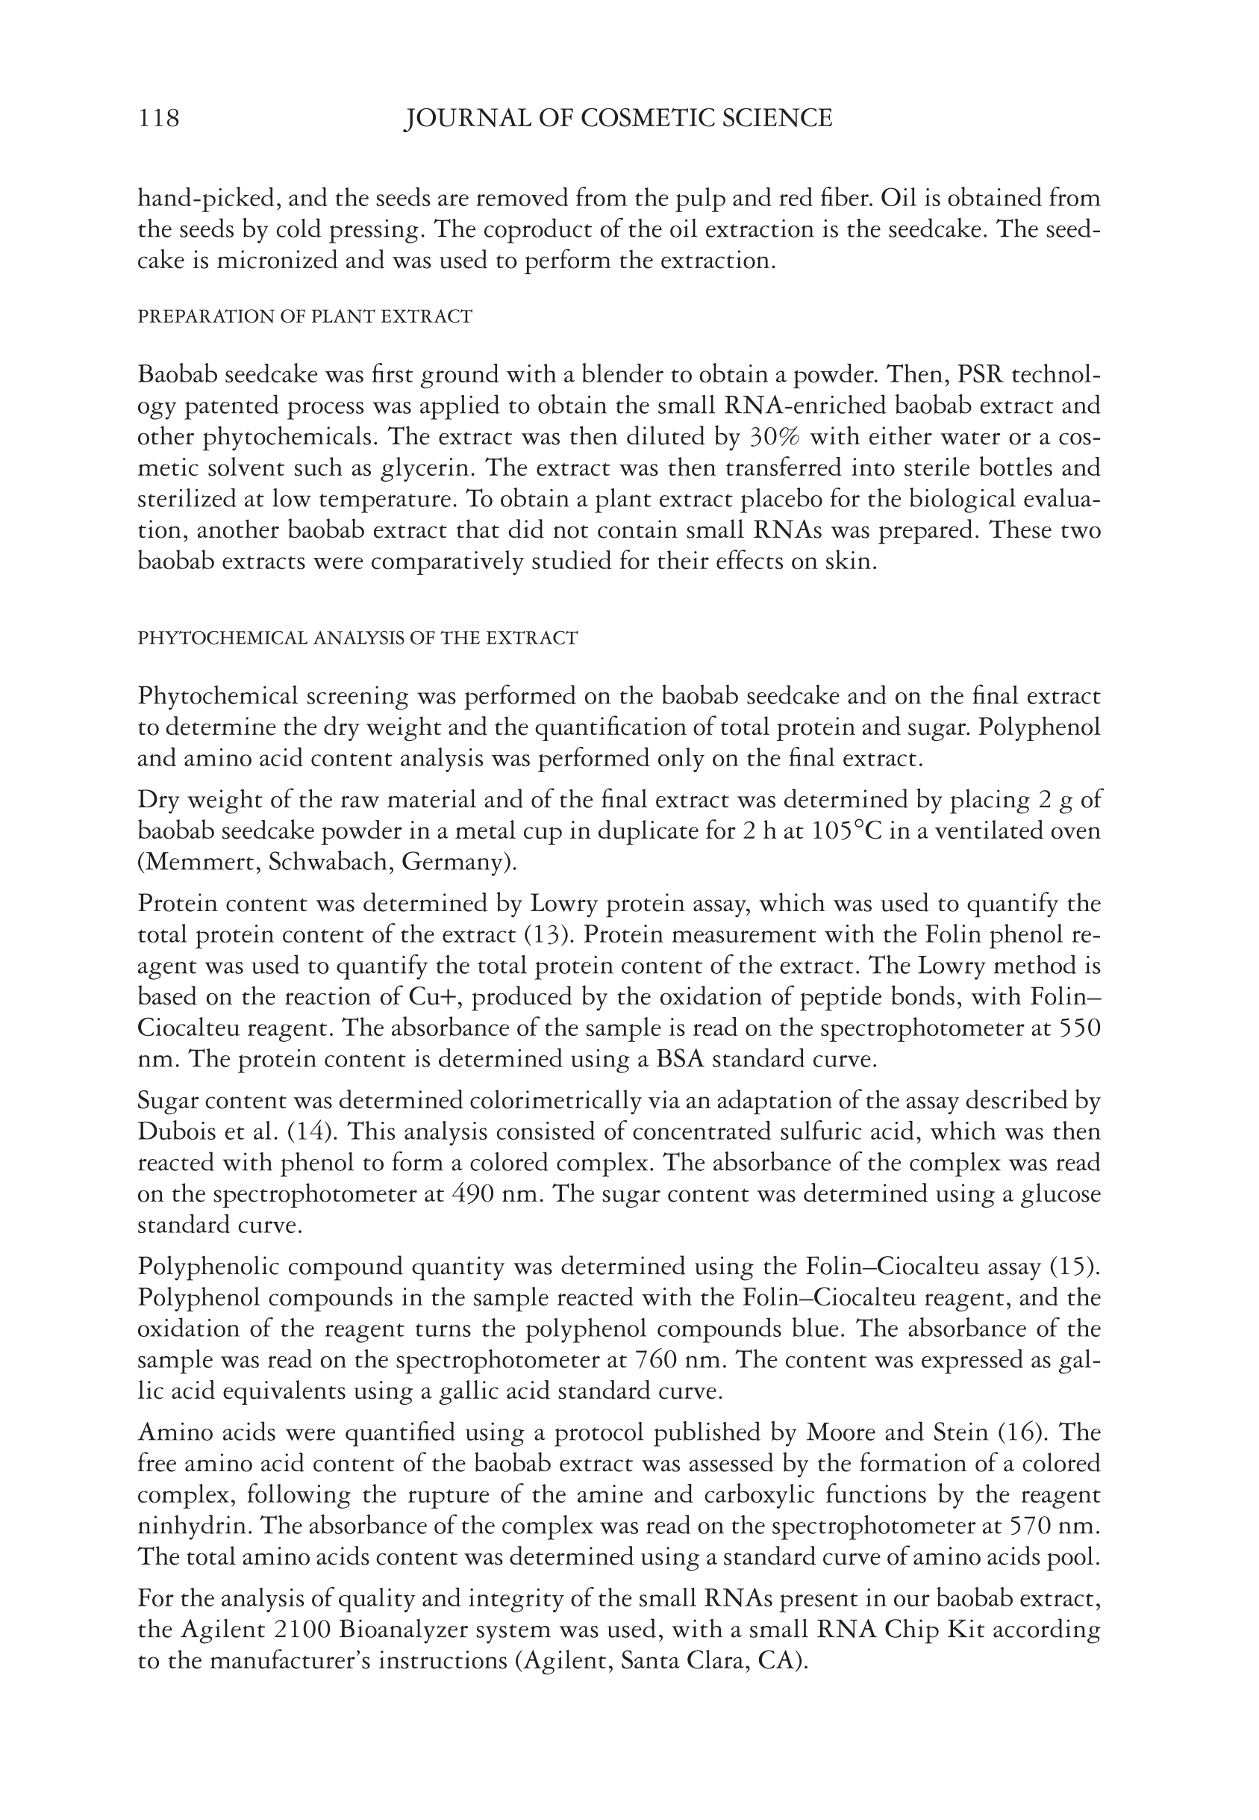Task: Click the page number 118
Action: (158, 119)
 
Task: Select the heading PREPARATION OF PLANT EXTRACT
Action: (304, 317)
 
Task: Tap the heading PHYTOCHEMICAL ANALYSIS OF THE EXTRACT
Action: (357, 638)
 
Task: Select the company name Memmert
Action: (198, 862)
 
